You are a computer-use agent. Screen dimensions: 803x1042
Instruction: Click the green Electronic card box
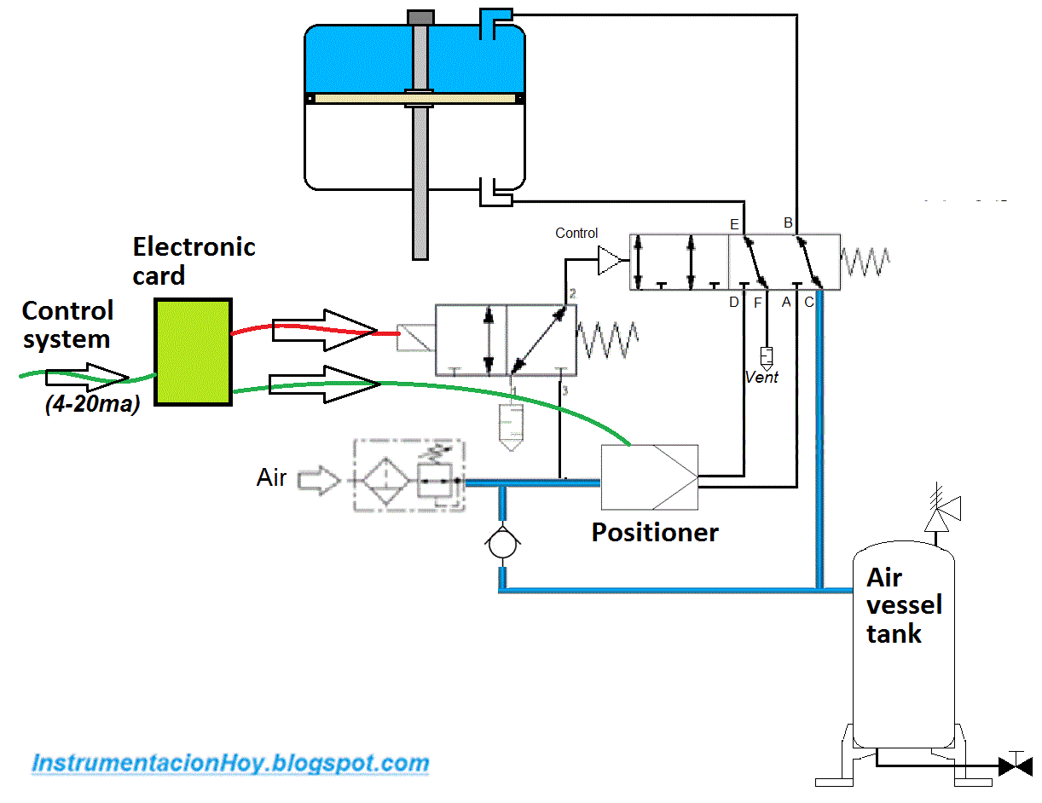[193, 351]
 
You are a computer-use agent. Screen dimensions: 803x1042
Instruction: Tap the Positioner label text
[655, 533]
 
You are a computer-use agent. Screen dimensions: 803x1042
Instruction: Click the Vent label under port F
[761, 377]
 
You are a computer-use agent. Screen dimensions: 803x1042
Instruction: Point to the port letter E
[734, 224]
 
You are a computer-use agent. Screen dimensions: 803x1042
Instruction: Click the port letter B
[789, 224]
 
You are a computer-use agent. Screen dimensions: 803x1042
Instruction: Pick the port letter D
[733, 302]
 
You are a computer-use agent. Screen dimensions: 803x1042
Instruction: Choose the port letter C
[809, 302]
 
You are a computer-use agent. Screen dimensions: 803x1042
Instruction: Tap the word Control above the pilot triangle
[576, 233]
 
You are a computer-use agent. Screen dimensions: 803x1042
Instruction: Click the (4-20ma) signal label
[92, 405]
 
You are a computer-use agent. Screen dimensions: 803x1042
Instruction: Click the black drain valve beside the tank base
[1015, 765]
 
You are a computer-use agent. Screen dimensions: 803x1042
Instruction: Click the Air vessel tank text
[903, 605]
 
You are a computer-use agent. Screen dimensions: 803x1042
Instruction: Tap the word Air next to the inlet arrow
[272, 477]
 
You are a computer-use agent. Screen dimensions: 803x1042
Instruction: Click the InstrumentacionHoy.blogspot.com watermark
[230, 762]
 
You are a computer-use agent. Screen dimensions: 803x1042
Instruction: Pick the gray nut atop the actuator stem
[419, 17]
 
